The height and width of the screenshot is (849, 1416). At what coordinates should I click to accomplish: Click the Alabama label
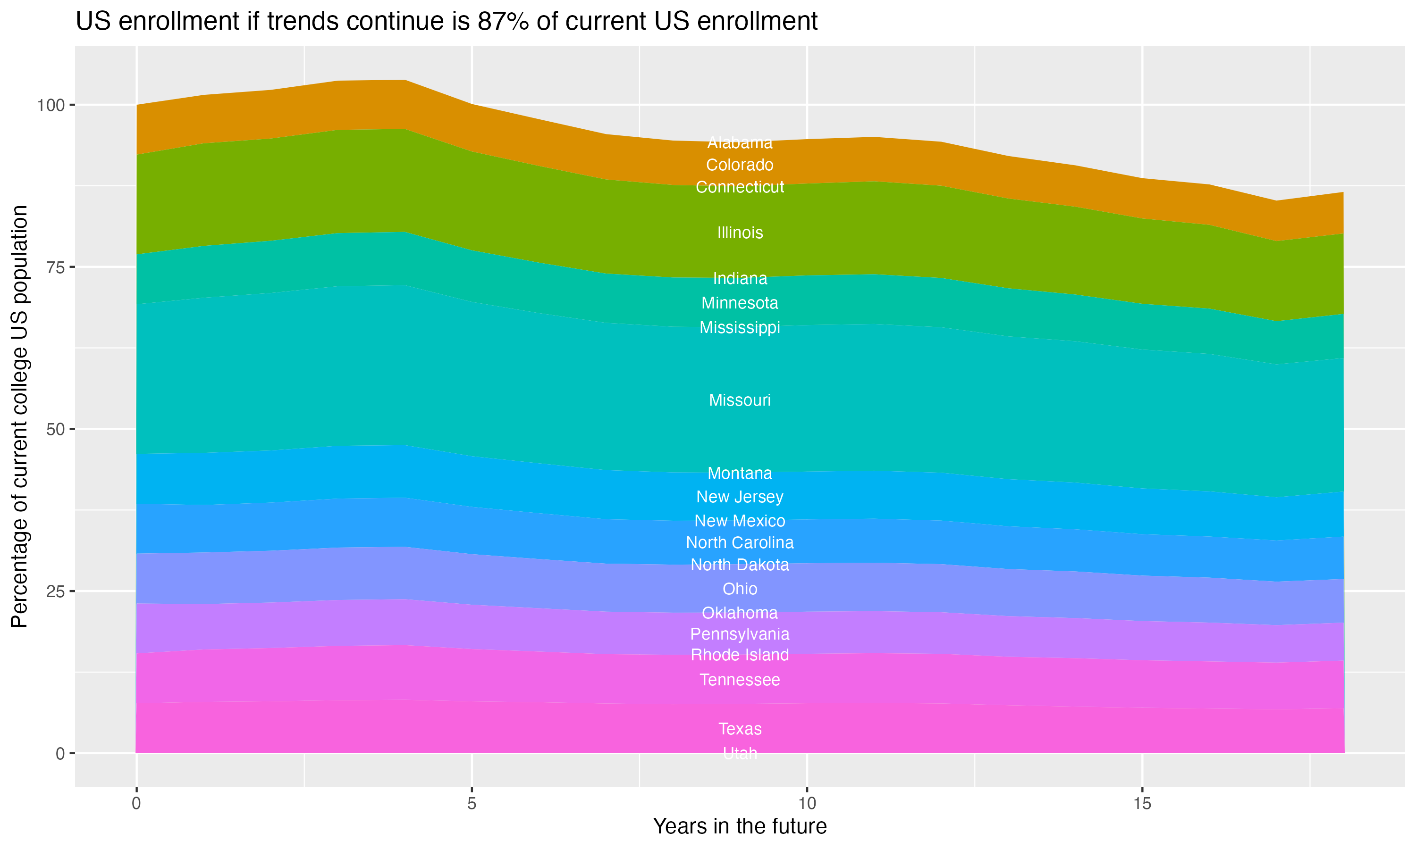point(740,142)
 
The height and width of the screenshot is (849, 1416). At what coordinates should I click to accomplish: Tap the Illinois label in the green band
point(740,233)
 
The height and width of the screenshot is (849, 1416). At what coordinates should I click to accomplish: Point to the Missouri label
point(740,400)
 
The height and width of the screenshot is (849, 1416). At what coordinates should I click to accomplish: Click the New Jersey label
point(740,497)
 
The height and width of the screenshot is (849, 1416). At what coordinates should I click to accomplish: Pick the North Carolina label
point(740,542)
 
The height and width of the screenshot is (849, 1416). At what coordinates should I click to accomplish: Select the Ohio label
point(740,589)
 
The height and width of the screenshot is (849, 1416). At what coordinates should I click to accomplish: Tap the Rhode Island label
point(740,655)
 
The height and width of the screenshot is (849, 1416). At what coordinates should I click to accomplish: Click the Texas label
point(740,729)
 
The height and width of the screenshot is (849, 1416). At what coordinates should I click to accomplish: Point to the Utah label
point(740,753)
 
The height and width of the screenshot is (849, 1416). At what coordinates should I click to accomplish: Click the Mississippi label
point(740,327)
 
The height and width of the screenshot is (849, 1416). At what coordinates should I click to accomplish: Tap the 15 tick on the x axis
point(1142,804)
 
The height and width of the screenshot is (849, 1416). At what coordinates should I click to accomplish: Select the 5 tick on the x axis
point(472,804)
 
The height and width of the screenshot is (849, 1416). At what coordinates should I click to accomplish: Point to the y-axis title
point(19,416)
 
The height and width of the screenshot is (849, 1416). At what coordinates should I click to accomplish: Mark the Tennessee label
point(740,680)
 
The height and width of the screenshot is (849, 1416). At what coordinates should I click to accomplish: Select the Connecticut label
point(740,187)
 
